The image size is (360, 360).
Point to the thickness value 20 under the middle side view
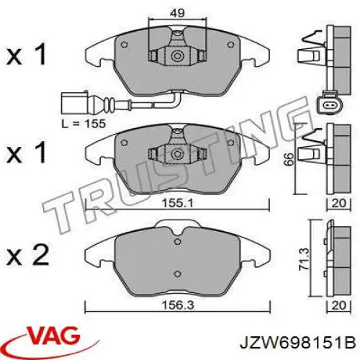pyautogui.click(x=338, y=204)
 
